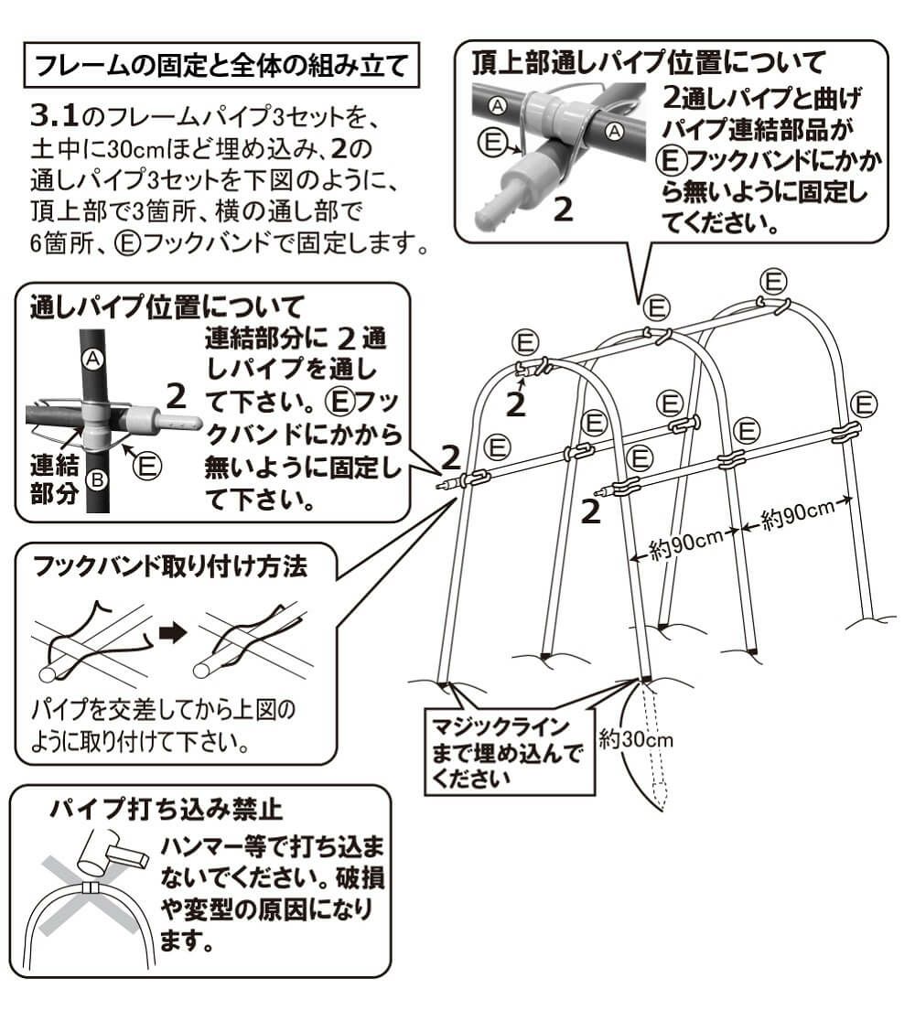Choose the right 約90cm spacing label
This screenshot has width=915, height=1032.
[798, 517]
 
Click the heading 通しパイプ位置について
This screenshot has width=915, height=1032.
[166, 305]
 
